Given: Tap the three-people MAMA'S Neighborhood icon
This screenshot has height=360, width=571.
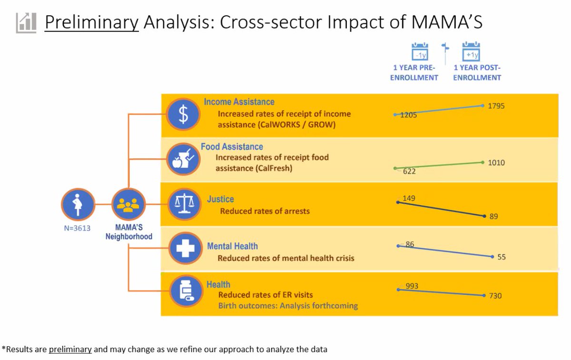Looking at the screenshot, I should click(128, 205).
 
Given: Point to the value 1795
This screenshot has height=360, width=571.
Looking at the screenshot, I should click(496, 106).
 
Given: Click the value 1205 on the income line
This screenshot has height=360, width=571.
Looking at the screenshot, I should click(408, 115).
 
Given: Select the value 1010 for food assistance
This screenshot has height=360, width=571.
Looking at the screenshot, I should click(496, 163).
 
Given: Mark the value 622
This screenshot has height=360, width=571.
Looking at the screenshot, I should click(408, 171).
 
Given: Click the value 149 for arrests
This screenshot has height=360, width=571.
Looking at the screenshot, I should click(409, 198).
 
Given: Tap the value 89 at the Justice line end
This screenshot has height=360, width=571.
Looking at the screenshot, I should click(493, 217).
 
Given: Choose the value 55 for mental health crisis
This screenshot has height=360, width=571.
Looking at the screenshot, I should click(501, 257).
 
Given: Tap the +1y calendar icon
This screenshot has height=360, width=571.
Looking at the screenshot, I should click(471, 52).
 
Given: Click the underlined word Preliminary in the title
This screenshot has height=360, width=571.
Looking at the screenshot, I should click(92, 22).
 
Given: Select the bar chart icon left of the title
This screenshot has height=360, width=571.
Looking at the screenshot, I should click(26, 22).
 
